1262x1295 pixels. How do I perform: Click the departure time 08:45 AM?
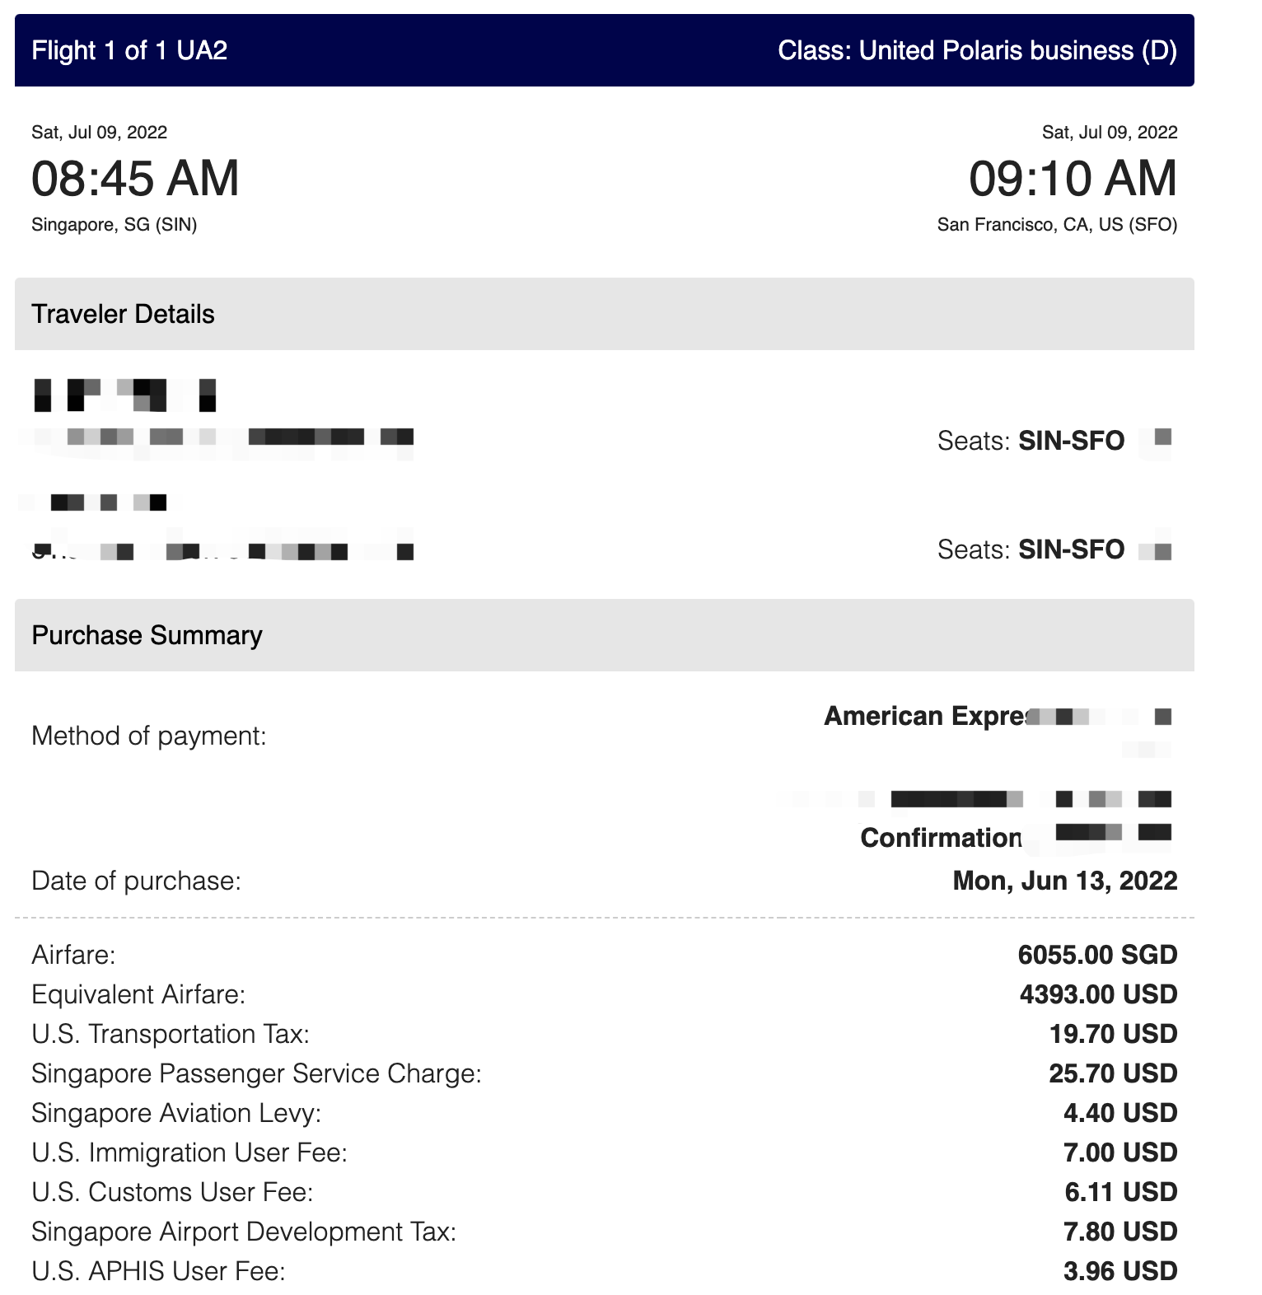pyautogui.click(x=135, y=178)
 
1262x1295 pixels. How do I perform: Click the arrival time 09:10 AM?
pyautogui.click(x=1073, y=178)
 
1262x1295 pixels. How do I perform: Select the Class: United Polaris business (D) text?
pyautogui.click(x=977, y=50)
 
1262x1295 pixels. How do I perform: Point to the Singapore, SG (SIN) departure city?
pyautogui.click(x=114, y=225)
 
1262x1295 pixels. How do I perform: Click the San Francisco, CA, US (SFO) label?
pyautogui.click(x=1057, y=225)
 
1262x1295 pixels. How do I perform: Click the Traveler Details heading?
pyautogui.click(x=123, y=314)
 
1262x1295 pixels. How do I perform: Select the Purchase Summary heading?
pyautogui.click(x=147, y=635)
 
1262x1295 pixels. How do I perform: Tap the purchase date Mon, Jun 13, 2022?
pyautogui.click(x=1064, y=881)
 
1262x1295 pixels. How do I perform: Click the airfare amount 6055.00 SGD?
pyautogui.click(x=1097, y=955)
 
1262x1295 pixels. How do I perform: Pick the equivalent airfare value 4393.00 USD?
pyautogui.click(x=1098, y=994)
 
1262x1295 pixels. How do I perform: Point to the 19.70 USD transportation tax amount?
pyautogui.click(x=1113, y=1034)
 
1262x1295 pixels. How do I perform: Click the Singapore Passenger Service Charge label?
pyautogui.click(x=256, y=1073)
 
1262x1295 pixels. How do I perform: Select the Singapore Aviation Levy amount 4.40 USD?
pyautogui.click(x=1119, y=1113)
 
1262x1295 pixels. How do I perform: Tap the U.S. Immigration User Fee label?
pyautogui.click(x=189, y=1152)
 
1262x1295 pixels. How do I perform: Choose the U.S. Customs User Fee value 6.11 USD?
pyautogui.click(x=1120, y=1192)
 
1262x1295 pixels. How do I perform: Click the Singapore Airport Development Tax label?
pyautogui.click(x=244, y=1232)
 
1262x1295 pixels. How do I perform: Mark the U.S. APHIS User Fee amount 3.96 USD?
pyautogui.click(x=1119, y=1271)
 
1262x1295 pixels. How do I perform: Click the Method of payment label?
pyautogui.click(x=149, y=736)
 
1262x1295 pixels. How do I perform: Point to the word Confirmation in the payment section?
pyautogui.click(x=941, y=838)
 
